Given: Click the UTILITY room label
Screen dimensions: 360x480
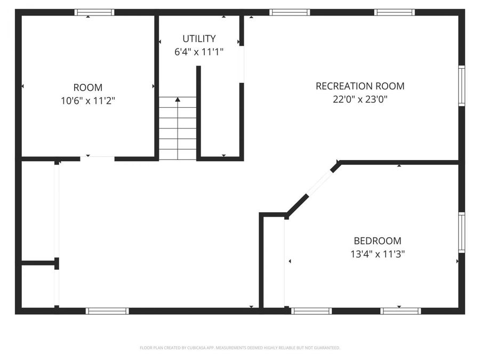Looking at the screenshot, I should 199,38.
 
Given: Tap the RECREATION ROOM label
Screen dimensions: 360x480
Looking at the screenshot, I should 360,86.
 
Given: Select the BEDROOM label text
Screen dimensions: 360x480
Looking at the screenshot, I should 378,241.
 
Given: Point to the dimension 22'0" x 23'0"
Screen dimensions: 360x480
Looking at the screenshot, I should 360,99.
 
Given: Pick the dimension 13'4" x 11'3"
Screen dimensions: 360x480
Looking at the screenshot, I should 378,254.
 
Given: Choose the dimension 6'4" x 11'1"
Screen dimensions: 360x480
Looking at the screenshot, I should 199,52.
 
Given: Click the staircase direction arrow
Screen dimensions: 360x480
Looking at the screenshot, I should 178,99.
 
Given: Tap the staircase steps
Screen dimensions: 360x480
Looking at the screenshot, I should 178,133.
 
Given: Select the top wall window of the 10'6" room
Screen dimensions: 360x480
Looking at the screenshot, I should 94,12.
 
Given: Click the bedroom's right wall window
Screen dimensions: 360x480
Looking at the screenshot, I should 461,233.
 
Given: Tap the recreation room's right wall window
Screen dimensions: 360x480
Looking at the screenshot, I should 461,86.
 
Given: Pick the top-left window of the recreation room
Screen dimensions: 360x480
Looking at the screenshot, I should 290,12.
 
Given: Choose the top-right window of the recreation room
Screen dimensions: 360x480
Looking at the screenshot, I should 395,12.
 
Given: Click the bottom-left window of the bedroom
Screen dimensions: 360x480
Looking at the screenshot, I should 311,311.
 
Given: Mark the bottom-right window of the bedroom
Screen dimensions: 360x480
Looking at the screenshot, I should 401,311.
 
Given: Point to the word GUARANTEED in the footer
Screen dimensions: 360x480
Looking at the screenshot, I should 326,348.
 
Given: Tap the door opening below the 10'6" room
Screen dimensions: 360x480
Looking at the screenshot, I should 98,158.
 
